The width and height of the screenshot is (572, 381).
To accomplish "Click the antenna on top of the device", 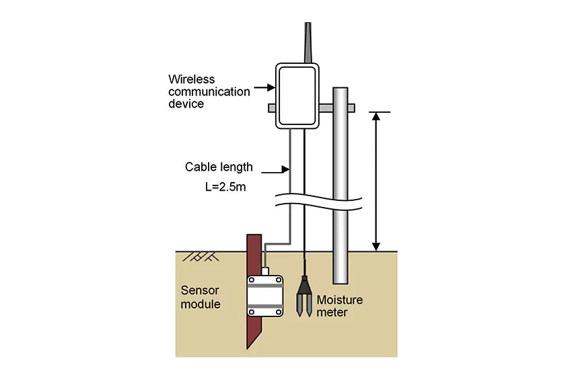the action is [308, 42].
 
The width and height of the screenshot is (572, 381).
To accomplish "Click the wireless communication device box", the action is [297, 96].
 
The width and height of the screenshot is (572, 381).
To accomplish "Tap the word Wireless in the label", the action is [192, 79].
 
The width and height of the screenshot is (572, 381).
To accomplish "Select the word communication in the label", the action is [209, 92].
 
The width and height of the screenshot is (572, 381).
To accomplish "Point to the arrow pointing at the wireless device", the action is [264, 87].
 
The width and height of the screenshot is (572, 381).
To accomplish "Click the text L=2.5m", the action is [225, 187].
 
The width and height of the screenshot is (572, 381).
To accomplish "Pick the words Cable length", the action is [219, 167].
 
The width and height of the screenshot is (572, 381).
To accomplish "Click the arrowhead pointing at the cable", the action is [285, 169].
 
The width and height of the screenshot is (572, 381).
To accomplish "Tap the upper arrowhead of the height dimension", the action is [376, 116].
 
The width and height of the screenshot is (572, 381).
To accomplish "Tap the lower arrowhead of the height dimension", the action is [376, 247].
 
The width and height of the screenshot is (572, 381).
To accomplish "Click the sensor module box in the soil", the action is [265, 296].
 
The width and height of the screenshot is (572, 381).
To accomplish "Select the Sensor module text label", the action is [201, 297].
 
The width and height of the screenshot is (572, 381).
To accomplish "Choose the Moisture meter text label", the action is [340, 306].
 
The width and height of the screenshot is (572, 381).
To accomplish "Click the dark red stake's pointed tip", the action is [248, 348].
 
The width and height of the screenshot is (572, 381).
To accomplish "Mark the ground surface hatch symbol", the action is [201, 257].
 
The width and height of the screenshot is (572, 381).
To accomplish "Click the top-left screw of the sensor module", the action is [252, 280].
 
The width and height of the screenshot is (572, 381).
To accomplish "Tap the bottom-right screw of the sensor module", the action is [279, 312].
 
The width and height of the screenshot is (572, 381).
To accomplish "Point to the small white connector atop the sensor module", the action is [265, 271].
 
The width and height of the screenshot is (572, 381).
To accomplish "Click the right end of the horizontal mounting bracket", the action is [354, 108].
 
